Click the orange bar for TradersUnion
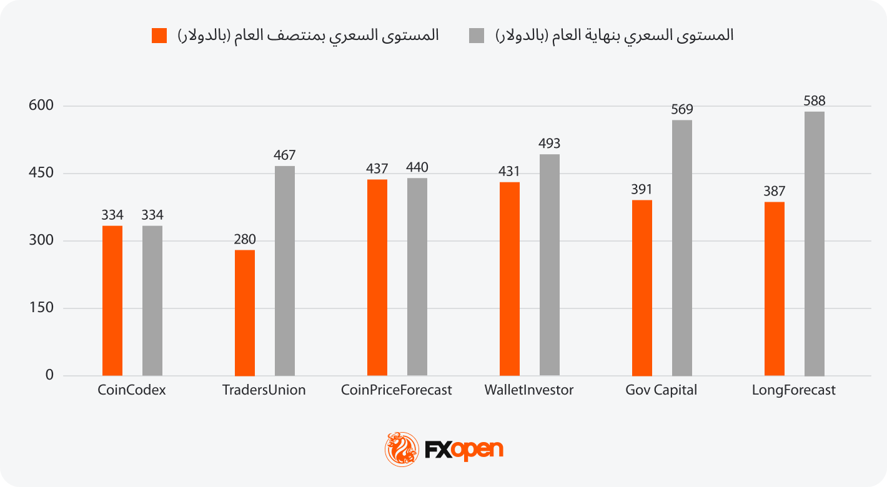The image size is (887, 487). pyautogui.click(x=245, y=313)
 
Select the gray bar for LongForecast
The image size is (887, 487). pyautogui.click(x=815, y=243)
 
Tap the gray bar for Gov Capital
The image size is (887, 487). pyautogui.click(x=682, y=248)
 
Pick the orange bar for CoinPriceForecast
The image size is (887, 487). pyautogui.click(x=377, y=278)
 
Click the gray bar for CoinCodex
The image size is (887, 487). pyautogui.click(x=152, y=301)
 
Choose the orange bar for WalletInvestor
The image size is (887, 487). pyautogui.click(x=510, y=279)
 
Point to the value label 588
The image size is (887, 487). pyautogui.click(x=815, y=101)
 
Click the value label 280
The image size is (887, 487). pyautogui.click(x=245, y=240)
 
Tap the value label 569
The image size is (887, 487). pyautogui.click(x=682, y=110)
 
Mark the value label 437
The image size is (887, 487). pyautogui.click(x=377, y=169)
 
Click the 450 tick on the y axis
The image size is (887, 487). pyautogui.click(x=41, y=174)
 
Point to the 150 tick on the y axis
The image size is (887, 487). pyautogui.click(x=41, y=308)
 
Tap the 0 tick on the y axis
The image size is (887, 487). pyautogui.click(x=49, y=376)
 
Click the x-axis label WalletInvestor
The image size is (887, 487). pyautogui.click(x=528, y=391)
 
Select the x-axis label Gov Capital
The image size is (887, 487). pyautogui.click(x=661, y=391)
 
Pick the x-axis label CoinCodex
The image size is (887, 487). pyautogui.click(x=132, y=391)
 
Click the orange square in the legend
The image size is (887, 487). pyautogui.click(x=159, y=36)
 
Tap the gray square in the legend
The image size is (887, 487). pyautogui.click(x=477, y=36)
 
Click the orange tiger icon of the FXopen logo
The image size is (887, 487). pyautogui.click(x=402, y=449)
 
